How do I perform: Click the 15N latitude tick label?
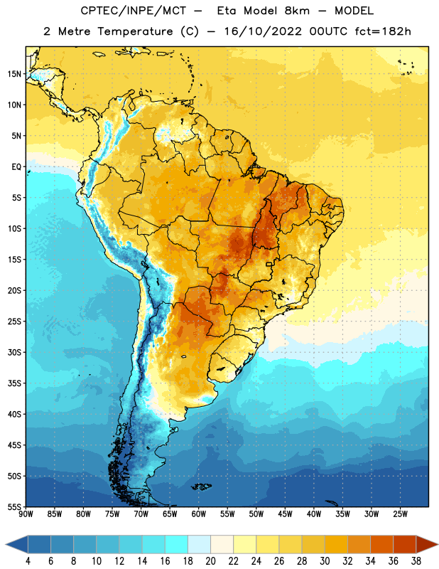14,74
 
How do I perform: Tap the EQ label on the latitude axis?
16,167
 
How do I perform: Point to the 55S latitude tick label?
14,507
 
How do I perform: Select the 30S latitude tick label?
14,352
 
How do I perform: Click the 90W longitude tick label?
26,514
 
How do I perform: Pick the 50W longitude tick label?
256,514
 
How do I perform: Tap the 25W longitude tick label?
400,514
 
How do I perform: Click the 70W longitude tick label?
141,514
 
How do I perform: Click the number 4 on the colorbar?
28,561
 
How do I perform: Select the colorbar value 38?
416,561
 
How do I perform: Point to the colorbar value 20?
210,561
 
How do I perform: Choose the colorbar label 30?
325,561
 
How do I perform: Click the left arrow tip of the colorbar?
6,544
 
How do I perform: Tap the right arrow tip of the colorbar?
438,544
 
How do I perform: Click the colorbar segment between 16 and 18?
177,544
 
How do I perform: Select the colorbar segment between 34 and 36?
381,544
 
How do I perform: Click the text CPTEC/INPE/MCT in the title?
133,11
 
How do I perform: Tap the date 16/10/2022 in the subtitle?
263,31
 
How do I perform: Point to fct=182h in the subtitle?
383,31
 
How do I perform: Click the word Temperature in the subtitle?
136,31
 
